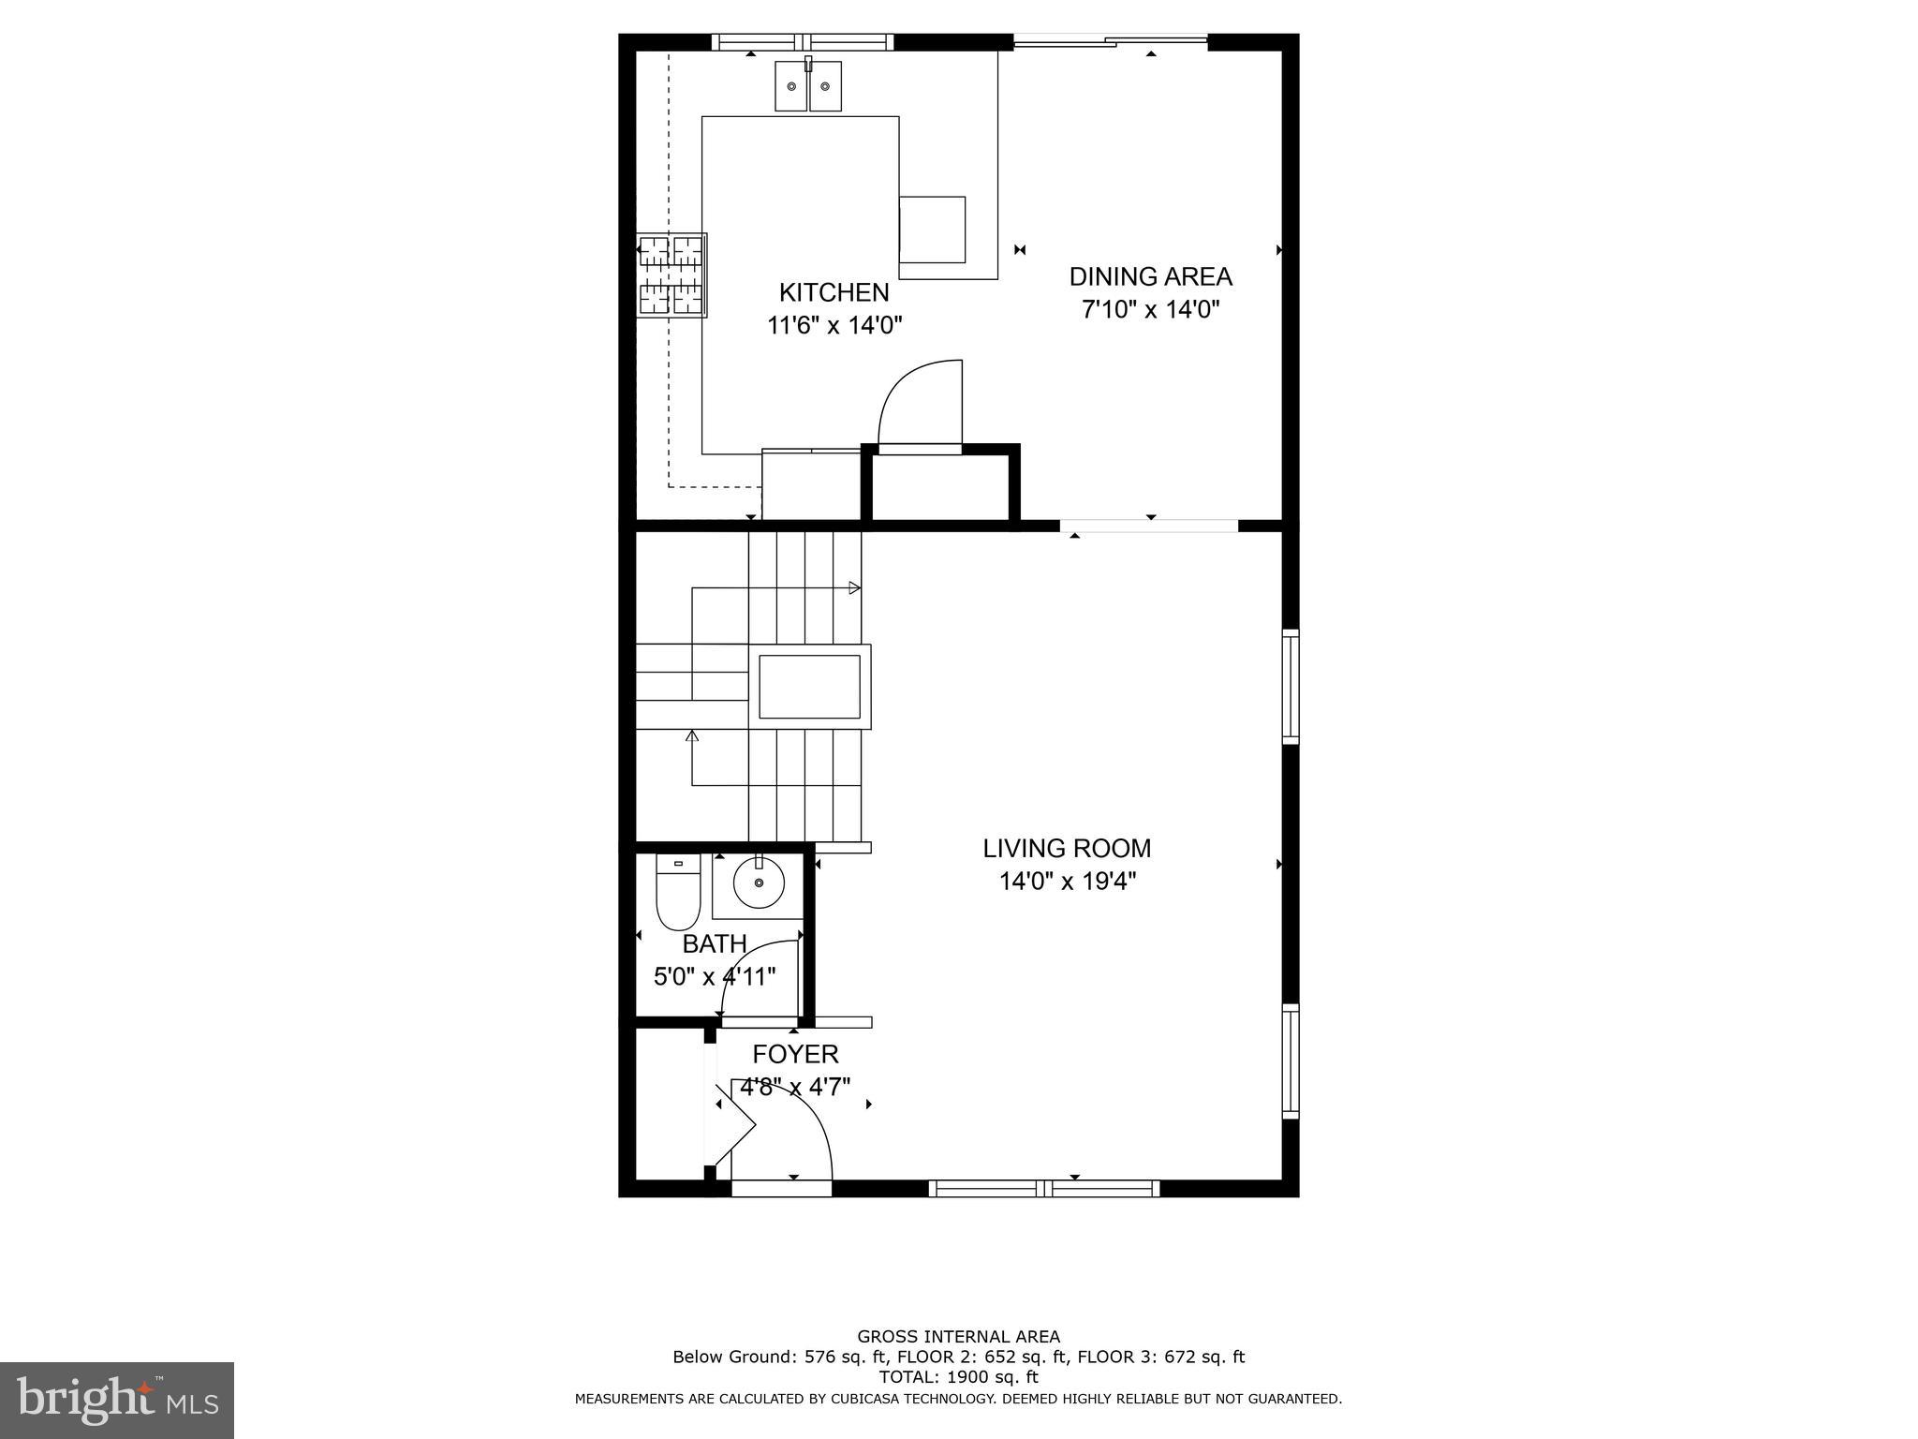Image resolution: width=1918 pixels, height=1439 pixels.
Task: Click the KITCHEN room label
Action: (834, 292)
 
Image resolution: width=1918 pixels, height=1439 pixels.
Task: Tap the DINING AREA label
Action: (1150, 276)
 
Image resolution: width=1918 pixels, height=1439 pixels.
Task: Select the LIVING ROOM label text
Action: (1066, 848)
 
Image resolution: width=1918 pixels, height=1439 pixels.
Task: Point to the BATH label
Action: (714, 943)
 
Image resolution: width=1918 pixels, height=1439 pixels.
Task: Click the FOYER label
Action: (795, 1054)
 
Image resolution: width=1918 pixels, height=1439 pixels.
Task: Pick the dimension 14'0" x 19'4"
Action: (1067, 882)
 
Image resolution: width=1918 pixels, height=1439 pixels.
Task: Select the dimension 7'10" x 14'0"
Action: (1150, 309)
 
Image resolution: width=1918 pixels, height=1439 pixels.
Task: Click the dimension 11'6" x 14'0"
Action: (834, 325)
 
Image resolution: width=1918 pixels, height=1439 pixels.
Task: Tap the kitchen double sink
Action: (807, 86)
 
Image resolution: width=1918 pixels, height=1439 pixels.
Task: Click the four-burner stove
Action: (671, 275)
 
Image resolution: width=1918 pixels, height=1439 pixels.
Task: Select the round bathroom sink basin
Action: (758, 883)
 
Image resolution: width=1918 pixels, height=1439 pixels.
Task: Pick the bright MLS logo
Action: (116, 1400)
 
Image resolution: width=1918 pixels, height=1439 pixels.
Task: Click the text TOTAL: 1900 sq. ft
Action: (957, 1377)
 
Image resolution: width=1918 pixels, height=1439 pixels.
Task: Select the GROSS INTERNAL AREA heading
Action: (958, 1337)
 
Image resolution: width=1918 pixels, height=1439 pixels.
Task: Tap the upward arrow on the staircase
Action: (692, 735)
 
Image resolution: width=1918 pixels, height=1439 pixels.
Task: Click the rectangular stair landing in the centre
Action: (809, 687)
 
